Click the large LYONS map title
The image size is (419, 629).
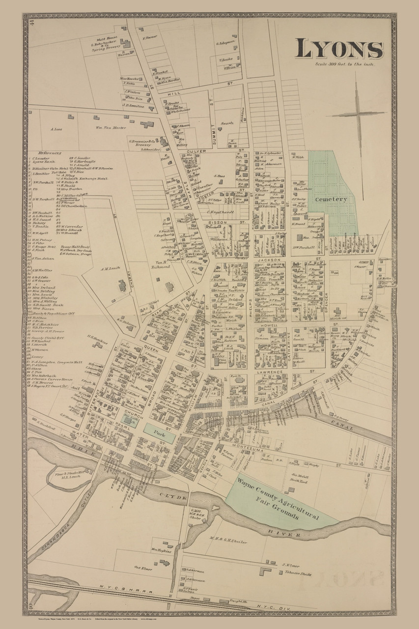tap(339, 49)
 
